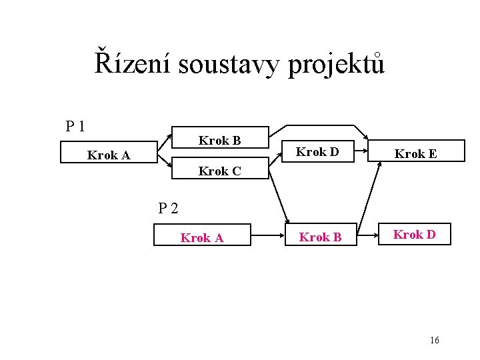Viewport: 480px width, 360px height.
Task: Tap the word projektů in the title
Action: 337,65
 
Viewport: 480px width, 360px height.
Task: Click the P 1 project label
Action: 75,125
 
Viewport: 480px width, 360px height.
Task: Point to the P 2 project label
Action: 168,208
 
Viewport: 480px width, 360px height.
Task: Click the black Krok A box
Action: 109,155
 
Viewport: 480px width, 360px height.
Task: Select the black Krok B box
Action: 219,140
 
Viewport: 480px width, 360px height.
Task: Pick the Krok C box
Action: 219,171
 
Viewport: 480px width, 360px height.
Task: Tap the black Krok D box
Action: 317,152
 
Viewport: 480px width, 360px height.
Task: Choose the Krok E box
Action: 415,153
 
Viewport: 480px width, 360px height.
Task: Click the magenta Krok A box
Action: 202,237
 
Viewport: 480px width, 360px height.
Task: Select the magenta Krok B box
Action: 320,237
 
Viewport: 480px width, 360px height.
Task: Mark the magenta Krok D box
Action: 414,234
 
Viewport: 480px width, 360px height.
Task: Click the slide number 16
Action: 435,340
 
